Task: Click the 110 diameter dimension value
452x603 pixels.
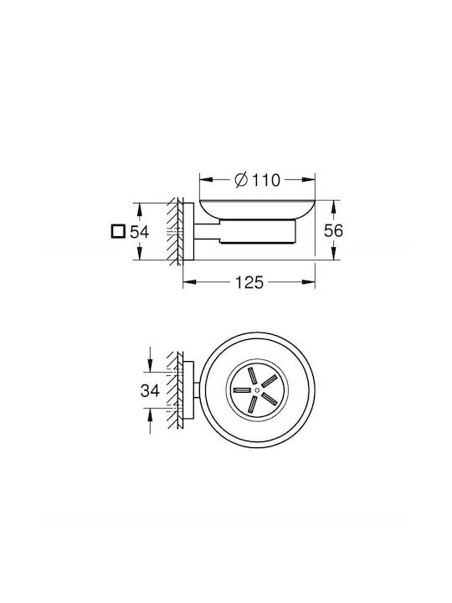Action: (x=266, y=180)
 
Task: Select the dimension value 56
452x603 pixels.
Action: (x=333, y=231)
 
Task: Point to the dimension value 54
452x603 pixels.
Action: (x=139, y=232)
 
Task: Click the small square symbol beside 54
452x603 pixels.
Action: (x=118, y=231)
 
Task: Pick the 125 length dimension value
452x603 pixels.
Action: (x=249, y=282)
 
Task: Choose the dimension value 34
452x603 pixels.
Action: (x=150, y=391)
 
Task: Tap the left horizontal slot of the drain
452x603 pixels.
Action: (x=242, y=390)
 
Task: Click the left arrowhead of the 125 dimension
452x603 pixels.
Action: (x=189, y=282)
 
